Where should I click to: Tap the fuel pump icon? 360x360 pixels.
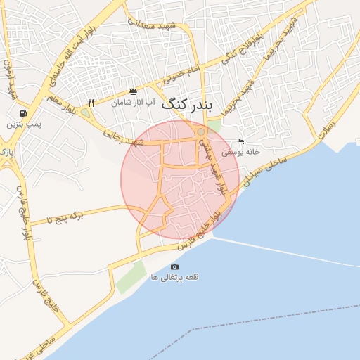coord(24,112)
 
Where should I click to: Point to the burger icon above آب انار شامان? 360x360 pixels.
coord(134,91)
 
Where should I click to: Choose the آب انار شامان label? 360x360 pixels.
coord(133,103)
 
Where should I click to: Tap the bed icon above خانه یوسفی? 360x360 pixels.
coord(241,141)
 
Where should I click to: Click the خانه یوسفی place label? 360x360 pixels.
coord(241,152)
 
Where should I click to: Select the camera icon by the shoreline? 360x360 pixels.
coord(175,266)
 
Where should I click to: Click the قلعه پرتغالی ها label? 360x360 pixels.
coord(175,278)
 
